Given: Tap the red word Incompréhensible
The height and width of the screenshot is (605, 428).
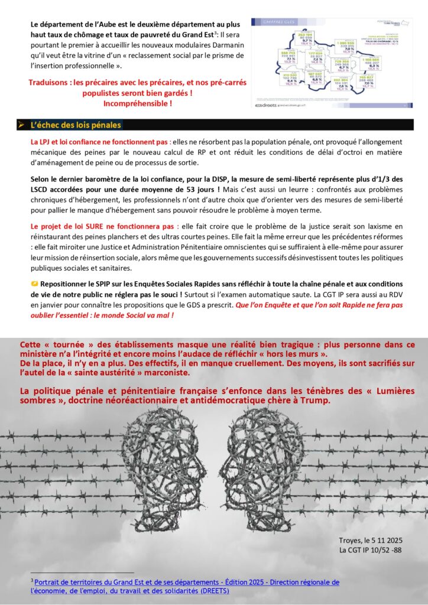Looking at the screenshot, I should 137,103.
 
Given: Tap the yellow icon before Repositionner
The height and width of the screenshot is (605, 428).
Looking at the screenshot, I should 34,284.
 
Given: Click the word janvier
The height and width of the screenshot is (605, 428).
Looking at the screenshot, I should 44,305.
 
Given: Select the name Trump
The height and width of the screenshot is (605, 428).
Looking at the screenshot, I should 317,401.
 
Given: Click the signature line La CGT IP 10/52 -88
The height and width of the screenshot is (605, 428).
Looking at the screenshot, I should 370,551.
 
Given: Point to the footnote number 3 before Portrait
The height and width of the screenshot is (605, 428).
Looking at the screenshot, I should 32,580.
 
